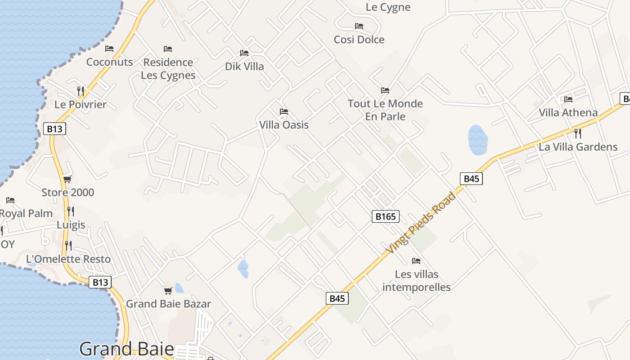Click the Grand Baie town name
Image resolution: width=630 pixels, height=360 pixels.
point(126,349)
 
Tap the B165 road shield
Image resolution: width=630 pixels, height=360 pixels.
point(386,216)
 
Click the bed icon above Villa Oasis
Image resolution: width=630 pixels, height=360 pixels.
point(283,112)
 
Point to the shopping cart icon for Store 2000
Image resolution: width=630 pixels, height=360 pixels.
point(67,180)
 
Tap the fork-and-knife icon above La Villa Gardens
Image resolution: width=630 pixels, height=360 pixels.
point(578,133)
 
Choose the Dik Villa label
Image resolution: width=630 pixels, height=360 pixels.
point(244,67)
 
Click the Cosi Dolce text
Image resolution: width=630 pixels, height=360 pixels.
point(359,40)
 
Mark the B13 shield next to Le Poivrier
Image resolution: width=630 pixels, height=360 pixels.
point(55,129)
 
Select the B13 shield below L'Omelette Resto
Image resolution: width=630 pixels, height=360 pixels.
point(99,282)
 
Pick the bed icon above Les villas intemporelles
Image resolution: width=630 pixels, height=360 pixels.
point(416,261)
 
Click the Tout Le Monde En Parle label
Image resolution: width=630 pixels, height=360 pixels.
point(385,110)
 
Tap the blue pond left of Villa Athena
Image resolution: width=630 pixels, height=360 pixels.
point(478,139)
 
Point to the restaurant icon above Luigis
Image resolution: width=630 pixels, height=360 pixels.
point(71,211)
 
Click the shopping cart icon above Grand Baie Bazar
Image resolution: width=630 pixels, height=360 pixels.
point(168,291)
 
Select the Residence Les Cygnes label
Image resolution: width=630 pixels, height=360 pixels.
point(168,68)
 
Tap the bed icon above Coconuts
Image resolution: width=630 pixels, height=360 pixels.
point(109,49)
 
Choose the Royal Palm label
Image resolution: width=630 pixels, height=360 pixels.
point(26,213)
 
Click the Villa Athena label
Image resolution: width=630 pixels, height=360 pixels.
point(568,112)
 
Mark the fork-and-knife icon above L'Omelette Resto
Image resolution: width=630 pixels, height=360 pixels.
point(68,246)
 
